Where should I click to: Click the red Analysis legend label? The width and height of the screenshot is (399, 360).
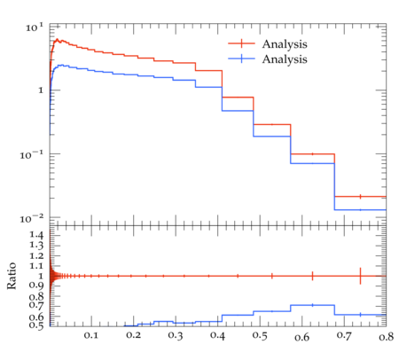tap(285, 44)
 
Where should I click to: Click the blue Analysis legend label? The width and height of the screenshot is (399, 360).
tap(285, 59)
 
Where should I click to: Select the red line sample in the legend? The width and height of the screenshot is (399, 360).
tap(241, 43)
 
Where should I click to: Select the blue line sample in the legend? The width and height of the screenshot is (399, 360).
tap(241, 59)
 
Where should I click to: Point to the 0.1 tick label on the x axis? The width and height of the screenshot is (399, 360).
tap(91, 336)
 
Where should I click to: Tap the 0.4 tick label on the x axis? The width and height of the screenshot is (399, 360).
tap(217, 336)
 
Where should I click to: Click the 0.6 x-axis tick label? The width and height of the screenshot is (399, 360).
tap(301, 337)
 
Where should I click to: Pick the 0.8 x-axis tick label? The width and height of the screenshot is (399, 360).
tap(387, 337)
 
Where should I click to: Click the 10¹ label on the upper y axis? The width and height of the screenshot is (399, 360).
tap(35, 27)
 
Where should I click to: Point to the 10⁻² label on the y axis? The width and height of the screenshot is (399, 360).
tap(32, 219)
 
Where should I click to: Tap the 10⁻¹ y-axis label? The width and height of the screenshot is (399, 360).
tap(32, 154)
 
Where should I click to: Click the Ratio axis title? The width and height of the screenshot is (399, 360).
tap(12, 276)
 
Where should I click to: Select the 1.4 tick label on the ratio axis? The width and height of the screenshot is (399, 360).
tap(36, 235)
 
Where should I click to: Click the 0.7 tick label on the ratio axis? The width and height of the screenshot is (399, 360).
tap(36, 305)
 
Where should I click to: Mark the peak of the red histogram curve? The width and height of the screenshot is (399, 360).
tap(58, 39)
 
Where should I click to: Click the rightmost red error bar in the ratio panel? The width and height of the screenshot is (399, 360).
tap(360, 276)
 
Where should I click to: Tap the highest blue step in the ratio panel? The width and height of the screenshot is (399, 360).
tap(312, 305)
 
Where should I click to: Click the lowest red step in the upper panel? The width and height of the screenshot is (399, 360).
tap(360, 197)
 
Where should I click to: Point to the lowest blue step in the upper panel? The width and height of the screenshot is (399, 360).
tap(360, 210)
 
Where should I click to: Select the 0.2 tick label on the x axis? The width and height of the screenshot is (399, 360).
tap(133, 336)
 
